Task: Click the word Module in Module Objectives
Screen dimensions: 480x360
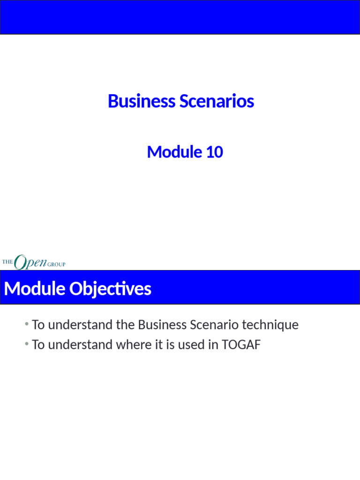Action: click(35, 289)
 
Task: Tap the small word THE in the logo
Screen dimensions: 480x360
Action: click(7, 262)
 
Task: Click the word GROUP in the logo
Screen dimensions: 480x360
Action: click(56, 264)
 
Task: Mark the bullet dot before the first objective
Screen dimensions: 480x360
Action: click(28, 324)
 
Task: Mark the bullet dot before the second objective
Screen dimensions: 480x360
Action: click(28, 345)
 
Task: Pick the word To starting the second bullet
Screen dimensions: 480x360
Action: click(37, 345)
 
